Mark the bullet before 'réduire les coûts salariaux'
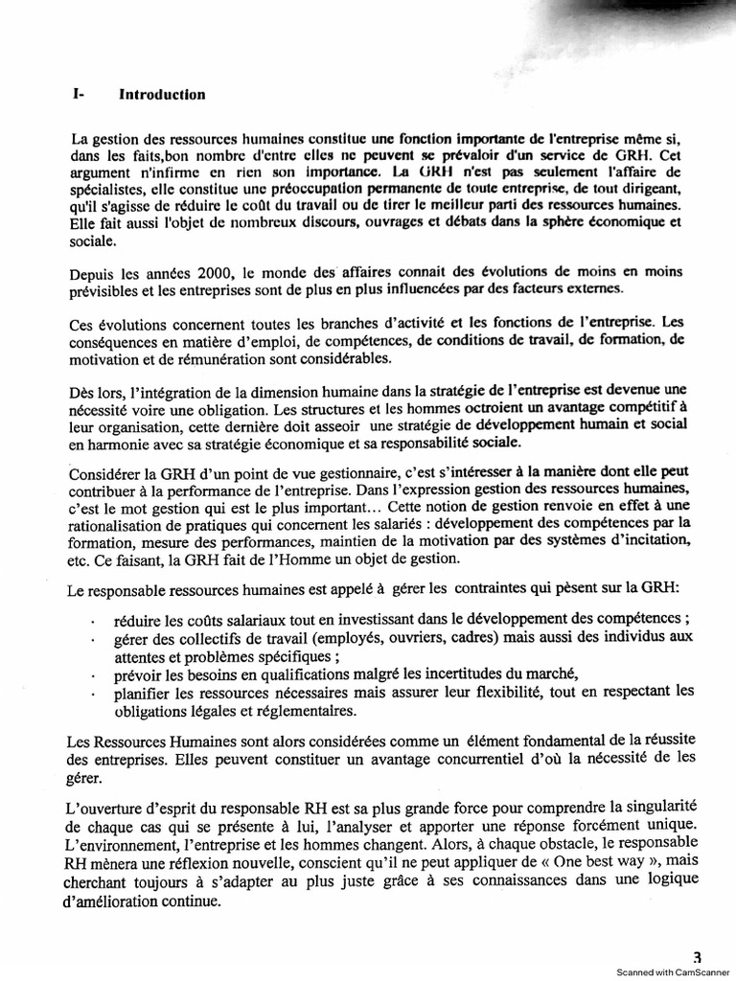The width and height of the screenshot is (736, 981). (x=91, y=621)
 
